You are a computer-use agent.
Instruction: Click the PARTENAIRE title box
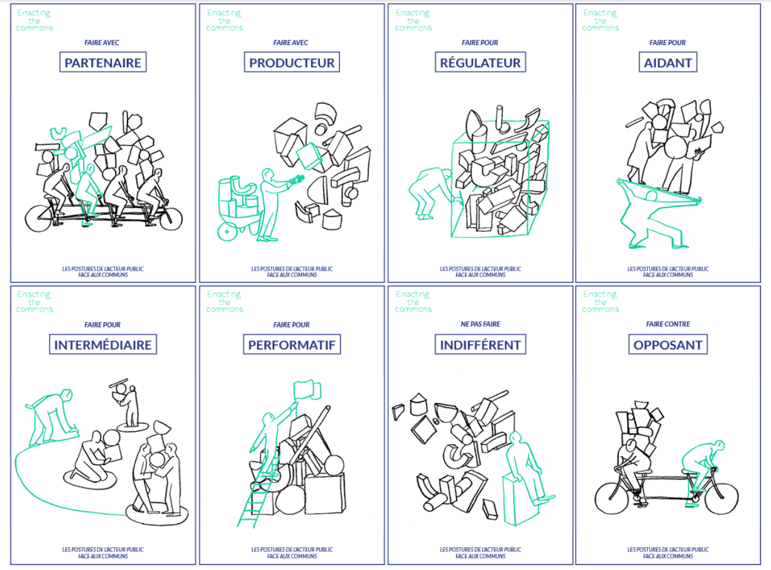click(x=103, y=62)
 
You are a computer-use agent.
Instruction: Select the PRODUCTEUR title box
click(x=292, y=62)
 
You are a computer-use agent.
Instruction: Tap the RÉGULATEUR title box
click(x=481, y=62)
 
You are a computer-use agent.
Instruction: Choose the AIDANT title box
click(x=668, y=62)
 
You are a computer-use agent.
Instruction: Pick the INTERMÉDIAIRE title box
click(x=103, y=344)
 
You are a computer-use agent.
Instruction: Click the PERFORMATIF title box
click(x=292, y=344)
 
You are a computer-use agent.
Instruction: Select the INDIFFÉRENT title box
click(x=481, y=344)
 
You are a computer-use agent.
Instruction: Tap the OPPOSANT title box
click(x=668, y=344)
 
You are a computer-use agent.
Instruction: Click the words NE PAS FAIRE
click(x=481, y=324)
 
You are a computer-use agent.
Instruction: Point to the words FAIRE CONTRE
click(x=668, y=324)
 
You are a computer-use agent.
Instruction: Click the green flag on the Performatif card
click(x=307, y=390)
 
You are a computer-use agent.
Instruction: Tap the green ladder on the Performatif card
click(x=257, y=494)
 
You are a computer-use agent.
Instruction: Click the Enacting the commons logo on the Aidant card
click(x=600, y=20)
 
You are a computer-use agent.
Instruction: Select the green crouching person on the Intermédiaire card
click(x=52, y=417)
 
